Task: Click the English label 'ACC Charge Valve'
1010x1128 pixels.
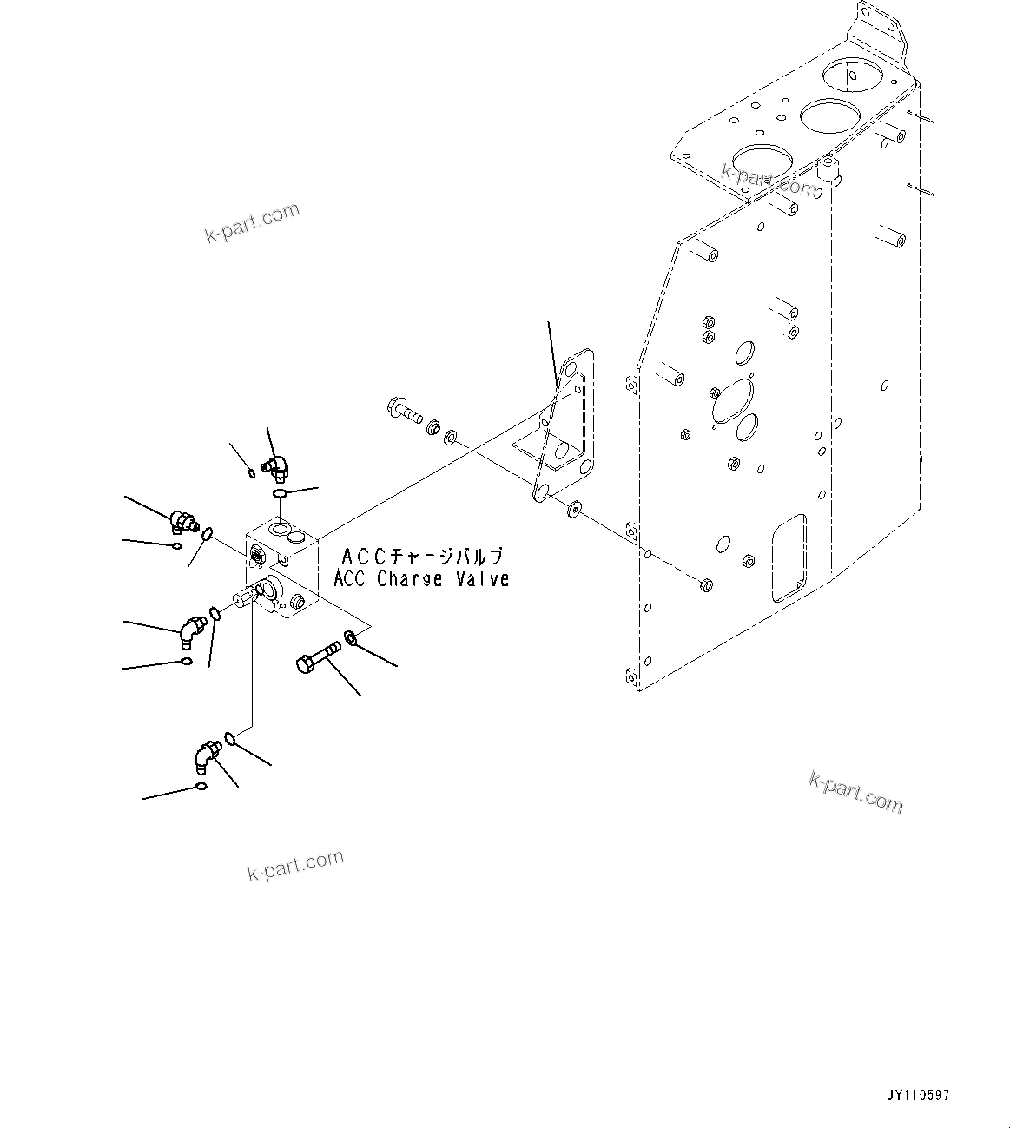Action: click(x=421, y=579)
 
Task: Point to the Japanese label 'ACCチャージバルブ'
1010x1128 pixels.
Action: click(x=422, y=556)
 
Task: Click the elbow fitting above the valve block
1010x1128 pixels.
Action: click(x=276, y=467)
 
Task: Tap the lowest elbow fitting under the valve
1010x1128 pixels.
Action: click(x=204, y=755)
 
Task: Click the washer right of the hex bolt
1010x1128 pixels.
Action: click(x=351, y=638)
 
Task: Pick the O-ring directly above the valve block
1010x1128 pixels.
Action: click(x=280, y=494)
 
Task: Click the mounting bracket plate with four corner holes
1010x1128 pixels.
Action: click(x=563, y=425)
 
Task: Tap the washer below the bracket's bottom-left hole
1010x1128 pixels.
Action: click(x=573, y=510)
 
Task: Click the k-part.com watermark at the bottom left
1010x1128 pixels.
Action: click(x=295, y=865)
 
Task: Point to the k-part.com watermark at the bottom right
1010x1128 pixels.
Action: click(x=855, y=792)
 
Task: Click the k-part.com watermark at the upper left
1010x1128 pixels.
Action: click(x=252, y=221)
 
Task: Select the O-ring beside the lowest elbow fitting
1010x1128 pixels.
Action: click(x=230, y=738)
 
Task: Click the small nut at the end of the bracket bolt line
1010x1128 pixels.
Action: click(x=705, y=584)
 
